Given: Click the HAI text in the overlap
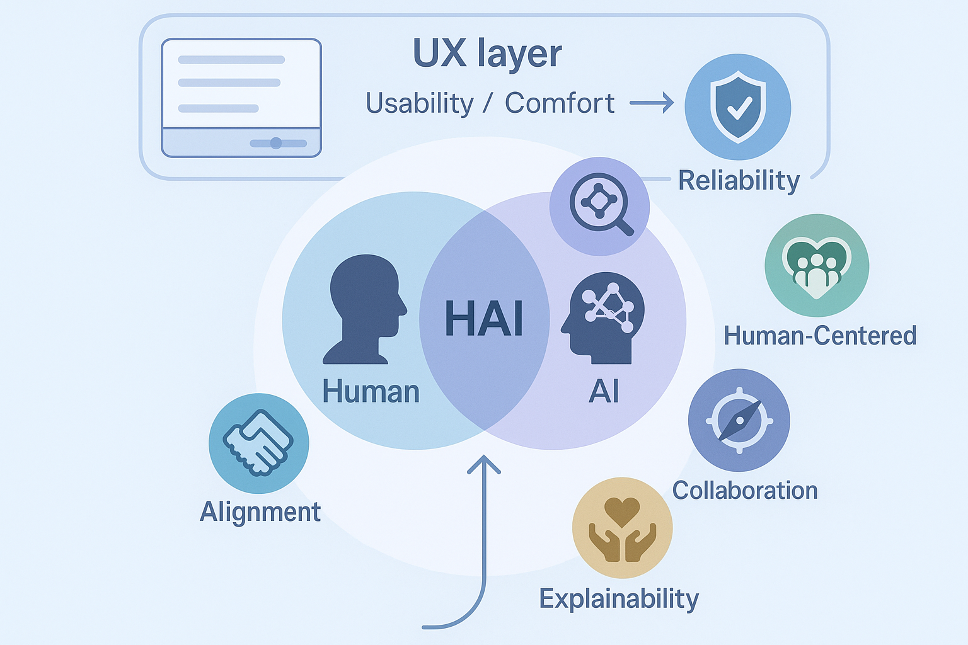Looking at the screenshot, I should (484, 318).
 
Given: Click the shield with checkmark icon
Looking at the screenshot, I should (738, 106).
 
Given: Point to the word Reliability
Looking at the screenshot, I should (739, 181).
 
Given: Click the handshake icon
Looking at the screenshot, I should (258, 443).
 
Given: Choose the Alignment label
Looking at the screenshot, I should (260, 511).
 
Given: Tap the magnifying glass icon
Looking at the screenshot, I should (600, 205).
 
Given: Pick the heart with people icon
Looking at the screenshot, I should (817, 265).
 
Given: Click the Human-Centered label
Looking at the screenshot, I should (820, 336).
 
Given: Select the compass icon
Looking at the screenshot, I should (739, 420).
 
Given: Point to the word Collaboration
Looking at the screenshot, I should (745, 491).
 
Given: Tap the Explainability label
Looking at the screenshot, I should (619, 598).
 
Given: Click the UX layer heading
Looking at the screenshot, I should (487, 54).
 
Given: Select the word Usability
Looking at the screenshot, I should (420, 103).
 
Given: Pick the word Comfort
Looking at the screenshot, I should (560, 103).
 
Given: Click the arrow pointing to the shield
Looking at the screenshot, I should (652, 103).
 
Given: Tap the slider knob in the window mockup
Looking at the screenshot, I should (275, 143).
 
